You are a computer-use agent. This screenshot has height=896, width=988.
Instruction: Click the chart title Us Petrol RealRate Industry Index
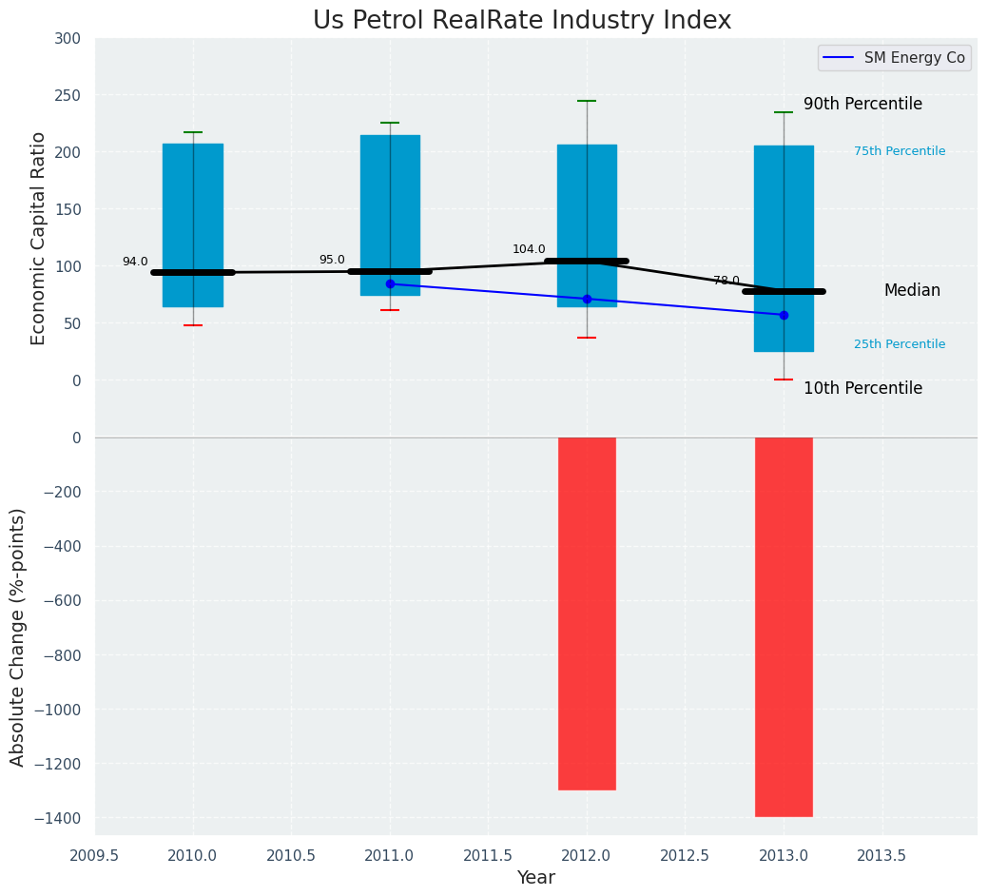(x=522, y=21)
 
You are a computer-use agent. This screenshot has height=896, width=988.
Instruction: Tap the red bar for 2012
(x=587, y=614)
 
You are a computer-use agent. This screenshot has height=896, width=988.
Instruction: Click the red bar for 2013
(x=784, y=627)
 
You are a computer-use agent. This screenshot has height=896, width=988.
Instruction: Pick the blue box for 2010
(x=193, y=171)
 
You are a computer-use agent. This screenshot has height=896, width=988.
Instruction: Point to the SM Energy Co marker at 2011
(x=390, y=283)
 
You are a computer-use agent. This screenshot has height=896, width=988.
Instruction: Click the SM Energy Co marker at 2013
(x=784, y=315)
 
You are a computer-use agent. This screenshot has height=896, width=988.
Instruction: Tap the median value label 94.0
(x=135, y=262)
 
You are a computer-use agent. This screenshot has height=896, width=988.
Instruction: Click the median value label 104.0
(x=529, y=249)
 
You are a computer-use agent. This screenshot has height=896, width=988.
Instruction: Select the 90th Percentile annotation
(x=862, y=105)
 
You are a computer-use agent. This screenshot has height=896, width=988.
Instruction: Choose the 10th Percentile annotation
(x=862, y=388)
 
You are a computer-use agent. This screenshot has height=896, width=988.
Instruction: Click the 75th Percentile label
(x=900, y=151)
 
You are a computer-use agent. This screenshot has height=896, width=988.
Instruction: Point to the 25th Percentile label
(x=900, y=344)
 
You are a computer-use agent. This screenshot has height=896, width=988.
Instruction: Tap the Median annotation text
(x=912, y=291)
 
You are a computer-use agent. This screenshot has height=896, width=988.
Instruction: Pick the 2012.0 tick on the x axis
(x=587, y=855)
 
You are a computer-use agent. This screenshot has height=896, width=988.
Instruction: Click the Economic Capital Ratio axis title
(x=38, y=238)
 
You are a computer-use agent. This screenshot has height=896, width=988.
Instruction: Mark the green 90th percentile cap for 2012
(x=587, y=101)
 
